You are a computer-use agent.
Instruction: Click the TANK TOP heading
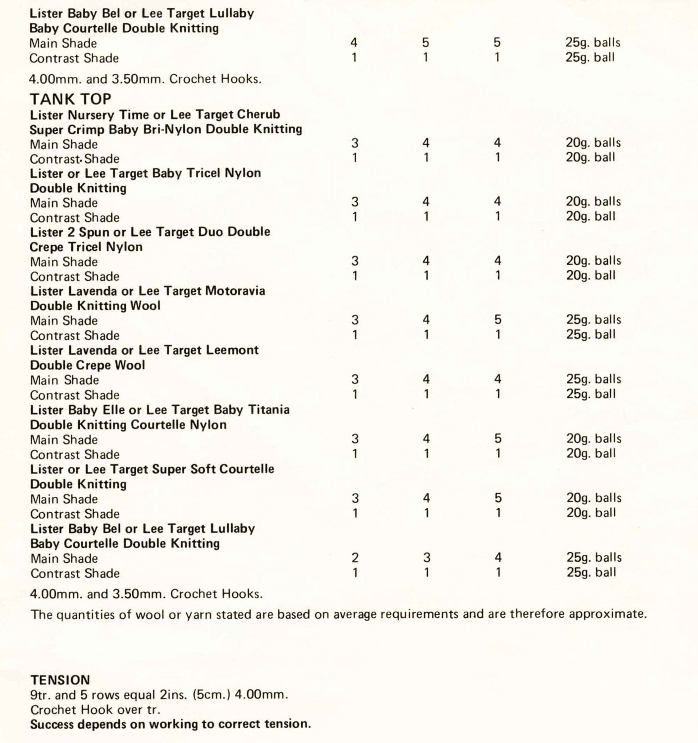coord(70,99)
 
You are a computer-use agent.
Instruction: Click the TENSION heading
coord(60,680)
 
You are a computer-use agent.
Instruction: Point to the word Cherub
coord(259,114)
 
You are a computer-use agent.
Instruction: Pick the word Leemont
coord(233,350)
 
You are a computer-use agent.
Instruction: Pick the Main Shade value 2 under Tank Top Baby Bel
coord(355,558)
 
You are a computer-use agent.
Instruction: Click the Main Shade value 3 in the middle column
coord(427,558)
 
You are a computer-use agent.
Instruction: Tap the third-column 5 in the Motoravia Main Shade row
coord(498,320)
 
